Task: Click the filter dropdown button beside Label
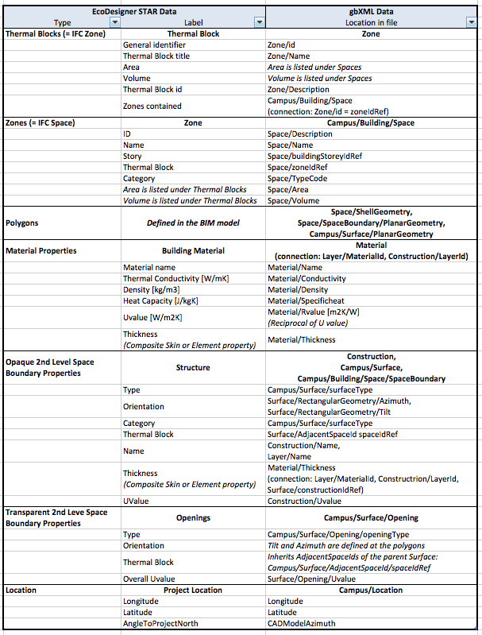pos(259,23)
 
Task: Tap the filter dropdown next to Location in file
pos(475,23)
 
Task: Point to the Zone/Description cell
pos(298,90)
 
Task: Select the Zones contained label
pos(152,106)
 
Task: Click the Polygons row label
pos(22,223)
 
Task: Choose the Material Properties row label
pos(41,250)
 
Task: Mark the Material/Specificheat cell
pos(305,301)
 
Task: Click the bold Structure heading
pos(193,368)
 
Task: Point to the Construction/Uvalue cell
pos(306,501)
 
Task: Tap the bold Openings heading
pos(193,517)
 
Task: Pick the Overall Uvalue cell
pos(148,579)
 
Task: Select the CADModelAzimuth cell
pos(301,624)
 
